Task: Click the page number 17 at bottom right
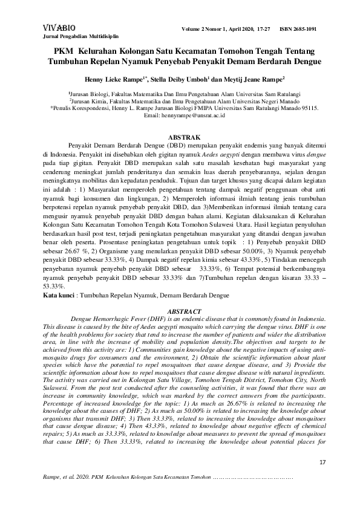[322, 462]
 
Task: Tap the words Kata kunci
[57, 295]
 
